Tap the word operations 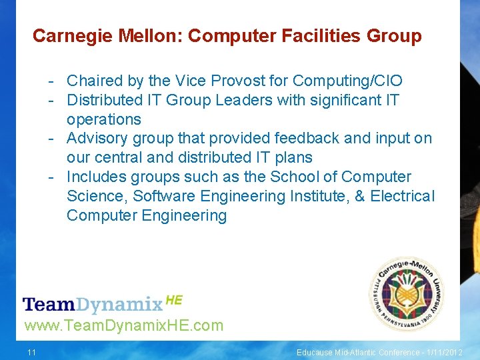[104, 120]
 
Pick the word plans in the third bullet [294, 158]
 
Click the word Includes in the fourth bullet [97, 177]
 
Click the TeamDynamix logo [93, 305]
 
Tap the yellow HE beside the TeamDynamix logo [173, 300]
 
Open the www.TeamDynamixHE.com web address [123, 325]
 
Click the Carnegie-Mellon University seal [407, 293]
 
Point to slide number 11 [31, 352]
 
